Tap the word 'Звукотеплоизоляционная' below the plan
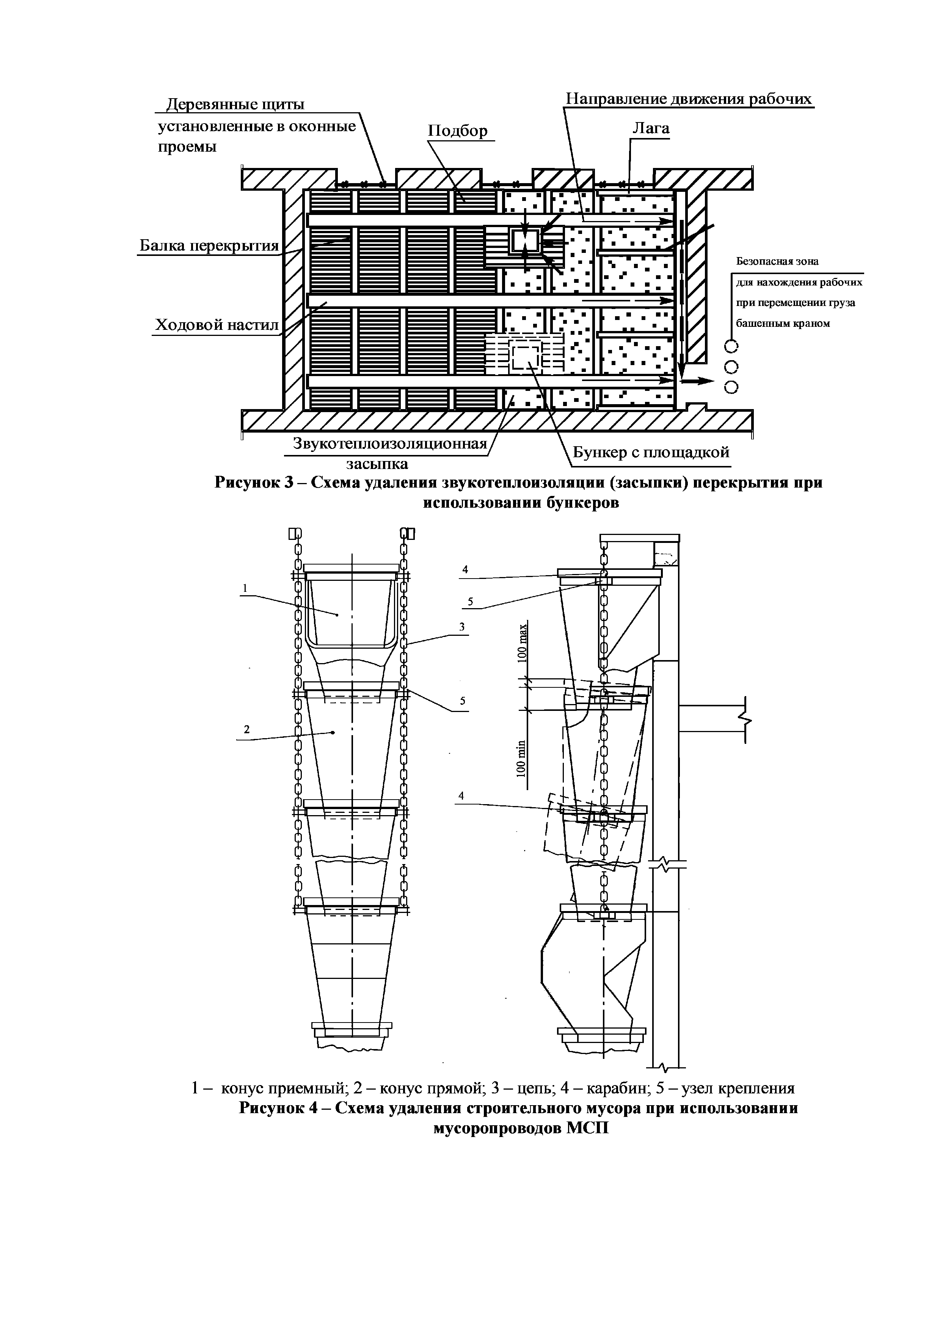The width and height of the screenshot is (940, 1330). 389,444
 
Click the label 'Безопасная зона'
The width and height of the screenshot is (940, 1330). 777,261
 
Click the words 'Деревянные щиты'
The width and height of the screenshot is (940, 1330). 235,104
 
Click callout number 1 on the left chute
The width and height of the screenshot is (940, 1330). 245,588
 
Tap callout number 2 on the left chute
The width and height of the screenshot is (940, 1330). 247,729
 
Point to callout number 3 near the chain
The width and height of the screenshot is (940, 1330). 462,626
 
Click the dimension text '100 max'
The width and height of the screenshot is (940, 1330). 523,643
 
